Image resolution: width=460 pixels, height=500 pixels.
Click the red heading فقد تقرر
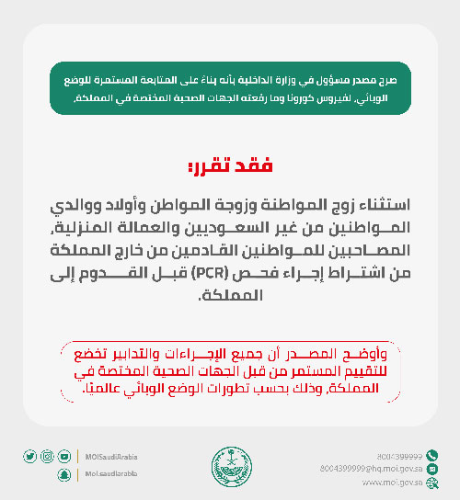point(230,166)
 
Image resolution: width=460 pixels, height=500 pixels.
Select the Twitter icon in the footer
point(30,456)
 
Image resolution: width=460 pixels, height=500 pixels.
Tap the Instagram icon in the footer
point(47,456)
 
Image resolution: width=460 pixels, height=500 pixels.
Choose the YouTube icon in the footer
point(63,456)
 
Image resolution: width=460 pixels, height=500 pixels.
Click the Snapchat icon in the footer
point(63,473)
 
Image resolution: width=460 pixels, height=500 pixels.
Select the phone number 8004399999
point(399,456)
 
